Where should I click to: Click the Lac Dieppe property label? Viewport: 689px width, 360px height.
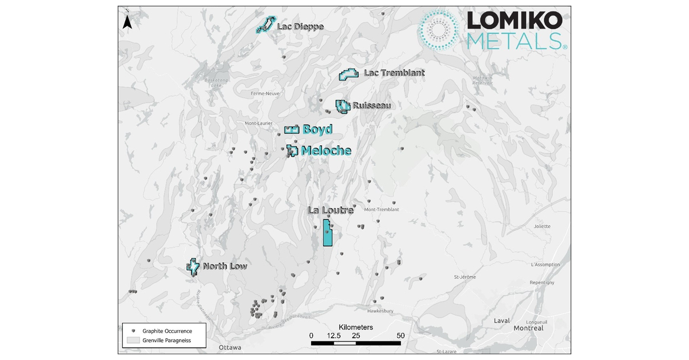(x=300, y=26)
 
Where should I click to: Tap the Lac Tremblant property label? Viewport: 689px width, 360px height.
(x=394, y=73)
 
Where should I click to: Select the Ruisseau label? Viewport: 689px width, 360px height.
(x=371, y=106)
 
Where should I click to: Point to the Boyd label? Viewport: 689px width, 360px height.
(x=317, y=130)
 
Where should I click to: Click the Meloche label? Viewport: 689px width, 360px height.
(x=326, y=151)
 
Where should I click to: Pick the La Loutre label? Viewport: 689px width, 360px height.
(x=330, y=211)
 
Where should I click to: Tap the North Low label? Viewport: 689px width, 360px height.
(x=224, y=266)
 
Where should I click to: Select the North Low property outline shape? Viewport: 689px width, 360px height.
(x=193, y=266)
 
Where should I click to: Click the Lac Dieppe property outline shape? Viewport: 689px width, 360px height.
(x=264, y=25)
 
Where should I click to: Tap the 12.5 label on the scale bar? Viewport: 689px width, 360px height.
(x=334, y=335)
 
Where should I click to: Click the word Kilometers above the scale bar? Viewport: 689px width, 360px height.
(x=355, y=327)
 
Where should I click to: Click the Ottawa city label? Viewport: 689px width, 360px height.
(x=230, y=348)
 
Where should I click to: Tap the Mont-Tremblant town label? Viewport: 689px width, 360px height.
(x=381, y=210)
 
